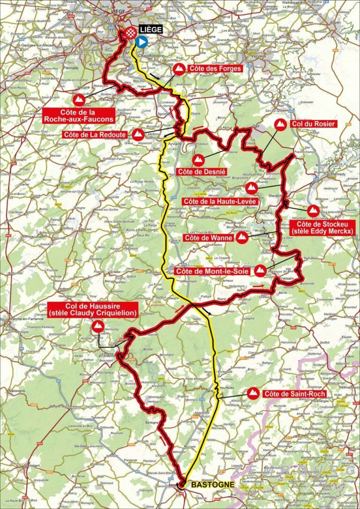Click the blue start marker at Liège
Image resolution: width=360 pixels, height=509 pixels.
pos(141,42)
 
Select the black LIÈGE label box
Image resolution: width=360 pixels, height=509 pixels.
pos(150,30)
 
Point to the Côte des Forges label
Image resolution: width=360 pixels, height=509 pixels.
pos(215,68)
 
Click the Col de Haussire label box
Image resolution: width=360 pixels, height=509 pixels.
pos(93,310)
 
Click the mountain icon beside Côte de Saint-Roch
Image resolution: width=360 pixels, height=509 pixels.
pos(254,392)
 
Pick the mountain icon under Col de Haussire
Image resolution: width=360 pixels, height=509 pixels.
pos(98,327)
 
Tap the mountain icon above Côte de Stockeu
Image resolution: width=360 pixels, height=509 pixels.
pos(314,211)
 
